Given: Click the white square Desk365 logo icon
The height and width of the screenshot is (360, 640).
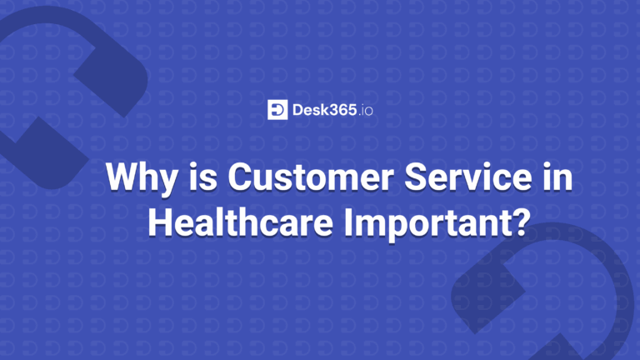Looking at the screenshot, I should pyautogui.click(x=277, y=110).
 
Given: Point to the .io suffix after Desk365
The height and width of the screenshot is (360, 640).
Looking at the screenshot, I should pyautogui.click(x=366, y=111).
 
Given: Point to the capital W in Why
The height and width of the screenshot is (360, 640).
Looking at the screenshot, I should pyautogui.click(x=122, y=177).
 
